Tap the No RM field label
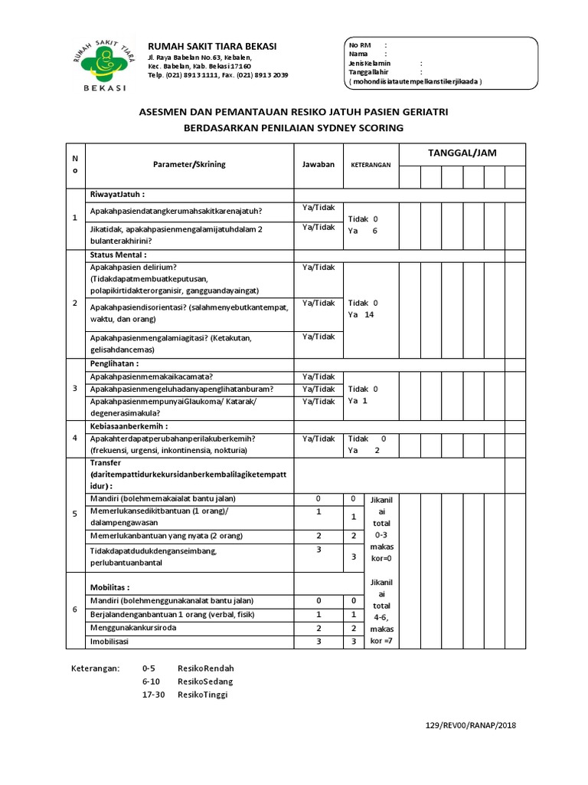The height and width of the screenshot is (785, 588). tap(358, 45)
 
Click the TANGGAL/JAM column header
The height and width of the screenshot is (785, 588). tap(462, 153)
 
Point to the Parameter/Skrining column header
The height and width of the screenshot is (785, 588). tap(189, 164)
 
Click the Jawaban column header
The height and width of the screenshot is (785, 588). tap(318, 164)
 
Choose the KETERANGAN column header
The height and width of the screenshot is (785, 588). tap(371, 165)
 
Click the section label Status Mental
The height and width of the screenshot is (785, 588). tap(119, 255)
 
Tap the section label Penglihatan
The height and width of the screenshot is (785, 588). tap(116, 363)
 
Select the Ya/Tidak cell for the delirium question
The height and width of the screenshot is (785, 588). tap(318, 267)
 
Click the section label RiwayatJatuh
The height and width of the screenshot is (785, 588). tap(117, 195)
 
